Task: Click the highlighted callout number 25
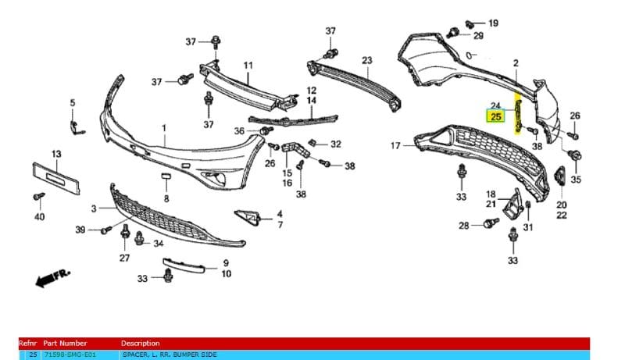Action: click(495, 117)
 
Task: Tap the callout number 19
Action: click(494, 23)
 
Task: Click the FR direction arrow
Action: click(52, 276)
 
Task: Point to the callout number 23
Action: click(367, 60)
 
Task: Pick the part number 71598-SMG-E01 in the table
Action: click(70, 355)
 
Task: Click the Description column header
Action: click(141, 343)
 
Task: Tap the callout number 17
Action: click(395, 145)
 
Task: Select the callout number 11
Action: click(248, 65)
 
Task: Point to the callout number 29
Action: click(478, 36)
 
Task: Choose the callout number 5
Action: click(73, 102)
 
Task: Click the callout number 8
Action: click(166, 199)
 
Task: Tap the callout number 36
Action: click(240, 130)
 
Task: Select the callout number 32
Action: click(335, 144)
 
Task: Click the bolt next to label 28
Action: click(489, 224)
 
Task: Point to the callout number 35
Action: click(577, 180)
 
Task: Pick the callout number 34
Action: click(159, 243)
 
